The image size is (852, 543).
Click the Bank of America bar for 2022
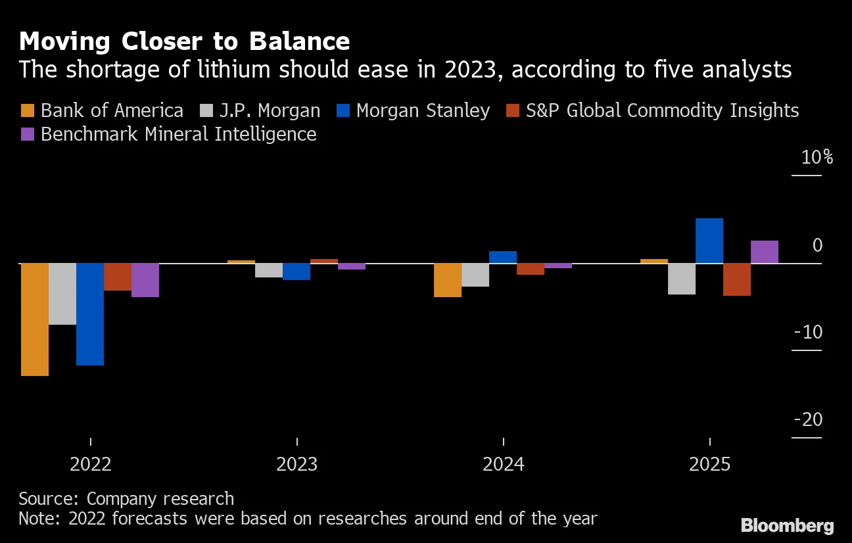(x=35, y=319)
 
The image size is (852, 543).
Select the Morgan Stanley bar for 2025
(x=709, y=241)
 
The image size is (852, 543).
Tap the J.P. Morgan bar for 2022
(x=62, y=294)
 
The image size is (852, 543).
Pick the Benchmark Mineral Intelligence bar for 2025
(x=765, y=252)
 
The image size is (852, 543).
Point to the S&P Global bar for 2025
(x=737, y=279)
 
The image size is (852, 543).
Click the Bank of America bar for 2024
(x=448, y=280)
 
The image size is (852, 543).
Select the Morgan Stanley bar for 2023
(x=296, y=271)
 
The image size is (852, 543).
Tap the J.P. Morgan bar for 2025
(x=682, y=279)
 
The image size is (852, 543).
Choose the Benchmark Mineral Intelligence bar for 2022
(x=145, y=280)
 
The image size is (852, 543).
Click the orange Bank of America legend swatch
(x=28, y=110)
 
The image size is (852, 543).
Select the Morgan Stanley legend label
(x=423, y=110)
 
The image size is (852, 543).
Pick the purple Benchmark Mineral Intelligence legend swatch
(x=28, y=135)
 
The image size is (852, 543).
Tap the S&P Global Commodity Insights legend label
(x=662, y=110)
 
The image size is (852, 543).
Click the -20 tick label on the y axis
(x=807, y=419)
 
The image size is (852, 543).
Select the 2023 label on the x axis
(x=296, y=465)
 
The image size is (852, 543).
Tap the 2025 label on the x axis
(x=709, y=465)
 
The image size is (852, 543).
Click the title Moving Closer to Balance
(x=184, y=42)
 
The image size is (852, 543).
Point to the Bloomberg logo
(x=787, y=526)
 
